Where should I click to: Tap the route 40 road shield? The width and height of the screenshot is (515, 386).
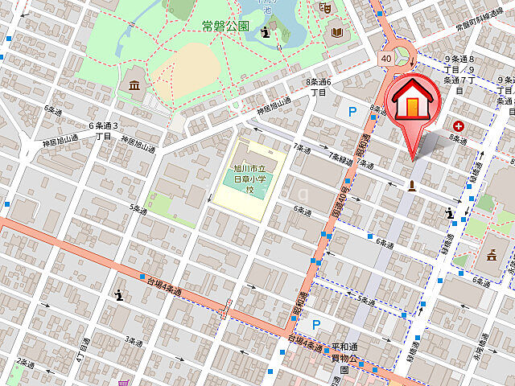tap(386, 59)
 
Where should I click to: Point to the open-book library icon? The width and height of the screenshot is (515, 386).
tap(336, 34)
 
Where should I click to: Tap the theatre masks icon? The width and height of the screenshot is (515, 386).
tap(326, 7)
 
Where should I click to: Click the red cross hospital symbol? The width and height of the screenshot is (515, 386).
tap(459, 126)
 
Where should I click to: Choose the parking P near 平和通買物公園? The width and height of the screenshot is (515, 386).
tap(316, 324)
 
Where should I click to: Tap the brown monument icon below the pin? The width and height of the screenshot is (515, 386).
tap(412, 187)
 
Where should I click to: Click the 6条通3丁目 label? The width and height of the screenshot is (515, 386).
tap(104, 130)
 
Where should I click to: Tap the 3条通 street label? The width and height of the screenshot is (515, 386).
tap(132, 341)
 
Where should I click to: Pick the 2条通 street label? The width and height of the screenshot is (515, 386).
tap(27, 363)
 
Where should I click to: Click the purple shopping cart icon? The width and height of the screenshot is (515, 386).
tap(122, 383)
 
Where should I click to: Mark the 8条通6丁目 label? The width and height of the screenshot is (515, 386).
tap(318, 87)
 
